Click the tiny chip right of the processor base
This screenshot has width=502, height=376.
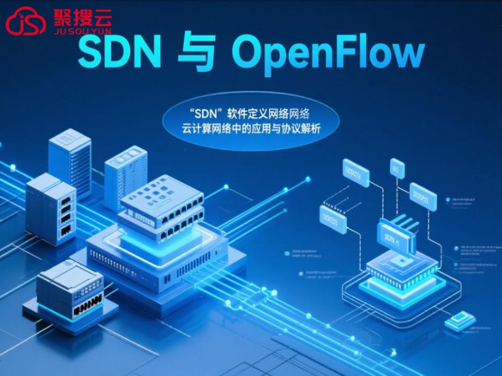[460, 321]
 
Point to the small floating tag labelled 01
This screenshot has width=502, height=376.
[397, 167]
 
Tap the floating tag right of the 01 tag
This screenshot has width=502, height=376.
[423, 196]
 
